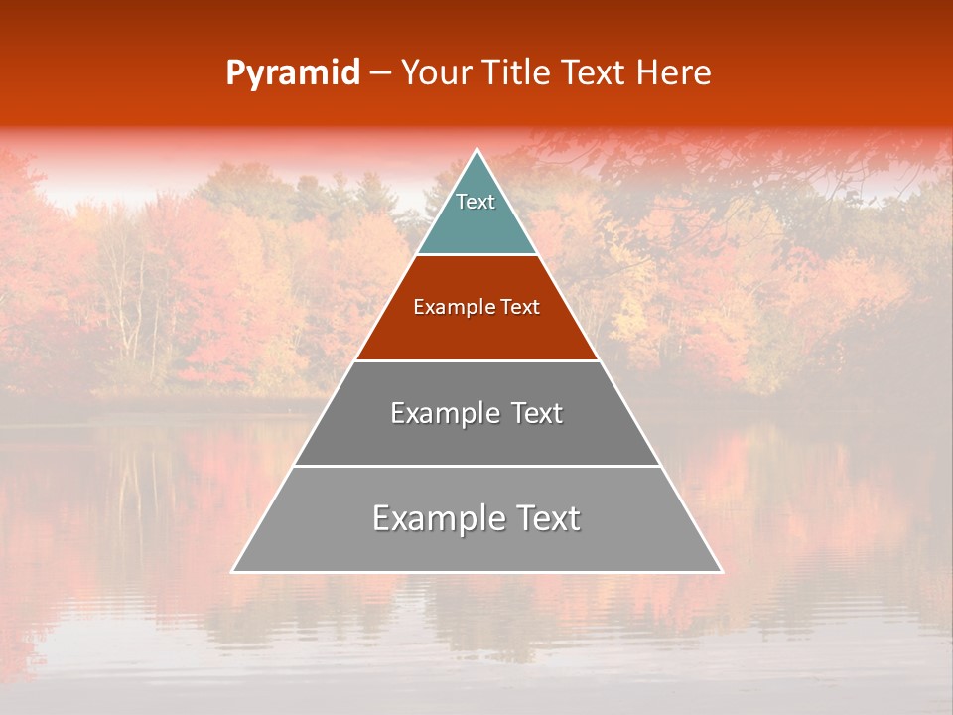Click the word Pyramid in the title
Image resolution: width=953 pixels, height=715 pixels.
point(293,73)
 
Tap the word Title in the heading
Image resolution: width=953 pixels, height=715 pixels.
point(514,73)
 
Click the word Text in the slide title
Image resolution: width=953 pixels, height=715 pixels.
point(594,73)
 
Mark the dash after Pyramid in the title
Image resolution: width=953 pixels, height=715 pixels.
point(380,73)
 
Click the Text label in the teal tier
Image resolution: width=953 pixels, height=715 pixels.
point(476,202)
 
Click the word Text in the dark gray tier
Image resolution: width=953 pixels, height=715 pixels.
point(537,413)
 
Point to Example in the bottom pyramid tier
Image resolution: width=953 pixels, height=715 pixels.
point(438,518)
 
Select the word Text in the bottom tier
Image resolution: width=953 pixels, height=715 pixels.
point(547,518)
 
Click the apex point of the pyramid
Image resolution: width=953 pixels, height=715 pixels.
point(476,150)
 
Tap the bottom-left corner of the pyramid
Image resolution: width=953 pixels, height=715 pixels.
point(233,571)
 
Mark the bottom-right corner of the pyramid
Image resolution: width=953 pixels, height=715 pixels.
point(721,571)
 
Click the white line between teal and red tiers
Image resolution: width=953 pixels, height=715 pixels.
point(476,255)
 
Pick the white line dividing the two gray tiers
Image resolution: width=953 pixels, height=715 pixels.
point(476,466)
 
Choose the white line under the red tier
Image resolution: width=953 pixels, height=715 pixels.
point(476,360)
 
